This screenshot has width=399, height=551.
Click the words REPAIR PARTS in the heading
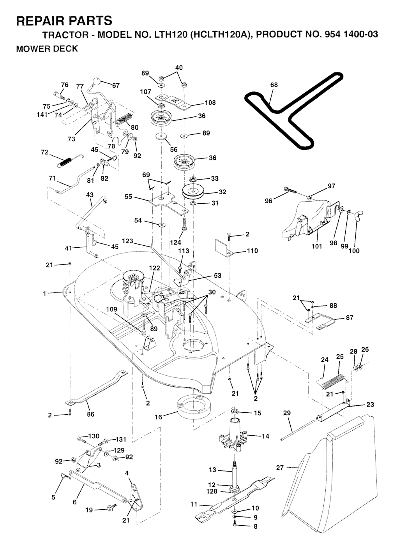click(x=64, y=20)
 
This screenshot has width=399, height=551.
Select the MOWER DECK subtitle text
click(x=47, y=49)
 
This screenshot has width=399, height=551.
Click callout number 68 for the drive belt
click(x=274, y=85)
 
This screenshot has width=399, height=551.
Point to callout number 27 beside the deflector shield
click(x=280, y=468)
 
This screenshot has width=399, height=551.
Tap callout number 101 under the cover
click(x=317, y=246)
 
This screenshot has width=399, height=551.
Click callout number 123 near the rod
click(x=127, y=241)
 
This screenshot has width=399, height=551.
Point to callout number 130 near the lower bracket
click(x=94, y=436)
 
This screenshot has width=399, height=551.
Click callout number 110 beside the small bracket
click(x=252, y=251)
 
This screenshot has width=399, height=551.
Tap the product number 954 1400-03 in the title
click(x=349, y=35)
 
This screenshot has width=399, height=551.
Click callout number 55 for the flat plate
click(x=128, y=197)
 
